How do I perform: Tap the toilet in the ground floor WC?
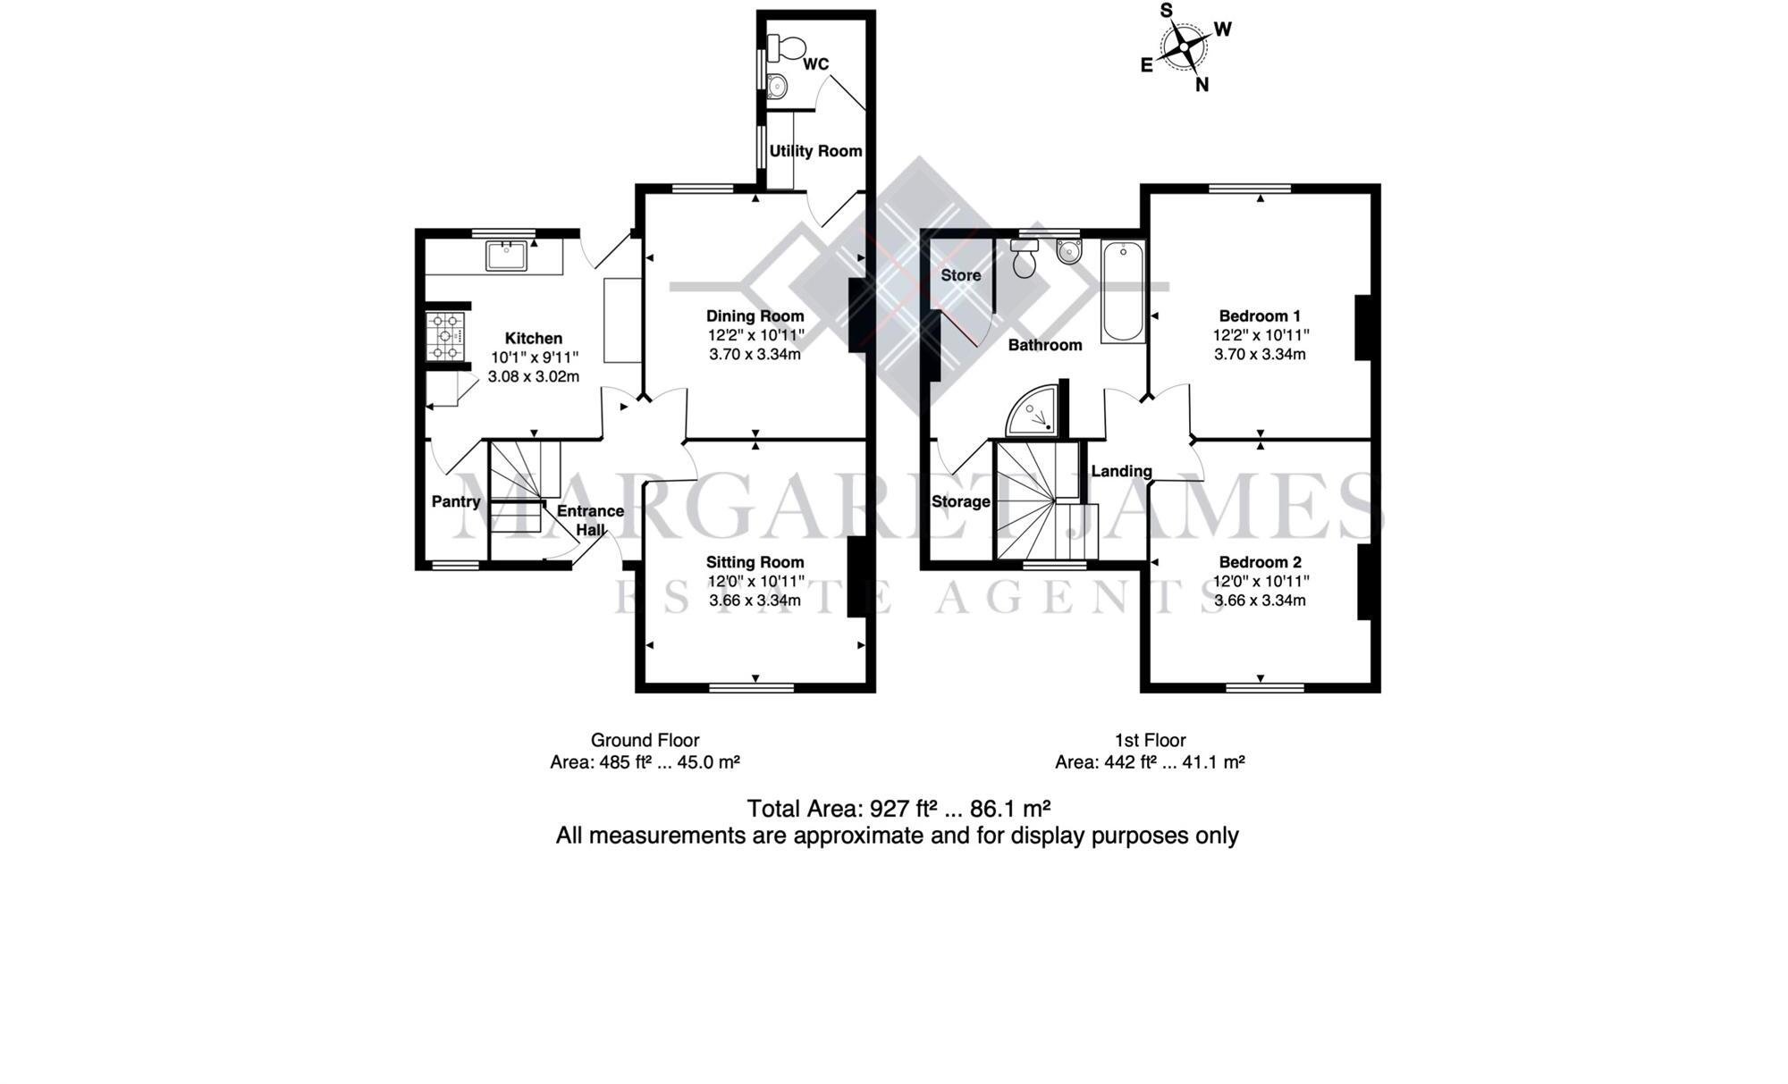tap(785, 45)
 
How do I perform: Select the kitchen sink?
tap(507, 255)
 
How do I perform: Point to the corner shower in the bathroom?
tap(1034, 413)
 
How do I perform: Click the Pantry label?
tap(456, 501)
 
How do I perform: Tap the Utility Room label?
tap(815, 151)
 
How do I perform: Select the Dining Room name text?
tap(755, 315)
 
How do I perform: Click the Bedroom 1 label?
tap(1260, 315)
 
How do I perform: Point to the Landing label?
tap(1121, 471)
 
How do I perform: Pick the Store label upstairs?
tap(960, 275)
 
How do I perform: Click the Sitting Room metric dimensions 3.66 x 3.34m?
tap(755, 601)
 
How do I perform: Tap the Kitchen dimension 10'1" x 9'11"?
tap(534, 357)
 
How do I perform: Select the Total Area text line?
tap(898, 809)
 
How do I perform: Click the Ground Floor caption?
tap(645, 740)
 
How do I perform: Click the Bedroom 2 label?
tap(1260, 562)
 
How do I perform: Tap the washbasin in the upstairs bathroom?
tap(1068, 252)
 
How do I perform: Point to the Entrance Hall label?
tap(590, 519)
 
